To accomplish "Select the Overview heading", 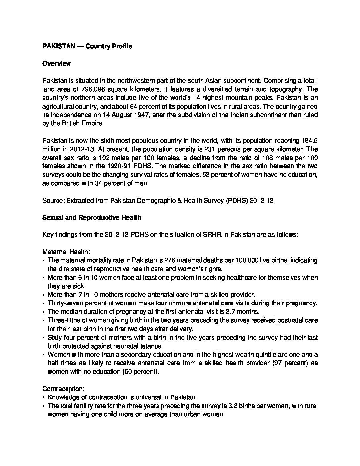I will coord(56,63).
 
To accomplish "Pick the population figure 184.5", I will coord(310,141).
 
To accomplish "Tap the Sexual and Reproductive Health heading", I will coord(92,217).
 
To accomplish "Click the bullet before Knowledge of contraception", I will coord(44,398).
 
